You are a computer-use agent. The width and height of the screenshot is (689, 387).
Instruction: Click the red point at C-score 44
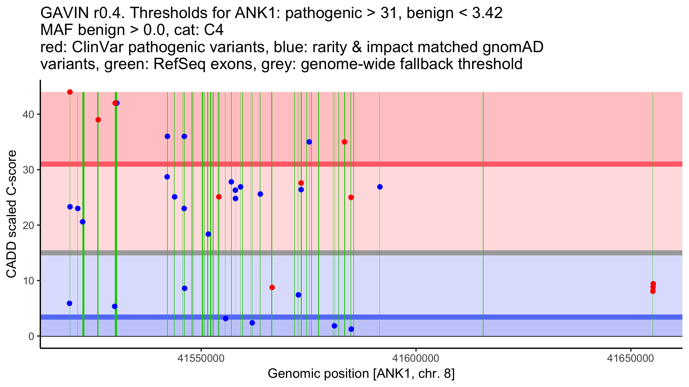click(70, 92)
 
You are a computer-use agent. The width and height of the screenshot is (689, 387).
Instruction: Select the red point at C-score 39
click(98, 120)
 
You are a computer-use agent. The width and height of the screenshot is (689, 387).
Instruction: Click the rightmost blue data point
click(380, 187)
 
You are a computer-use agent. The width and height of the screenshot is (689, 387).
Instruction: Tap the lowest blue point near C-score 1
click(351, 329)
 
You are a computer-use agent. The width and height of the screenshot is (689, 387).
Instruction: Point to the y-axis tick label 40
click(28, 114)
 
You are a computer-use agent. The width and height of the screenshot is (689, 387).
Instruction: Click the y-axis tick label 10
click(28, 281)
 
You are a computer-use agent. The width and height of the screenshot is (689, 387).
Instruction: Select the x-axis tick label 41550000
click(201, 358)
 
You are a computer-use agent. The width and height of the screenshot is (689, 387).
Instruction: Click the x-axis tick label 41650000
click(630, 358)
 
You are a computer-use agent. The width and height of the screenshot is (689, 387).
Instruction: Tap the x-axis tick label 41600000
click(416, 358)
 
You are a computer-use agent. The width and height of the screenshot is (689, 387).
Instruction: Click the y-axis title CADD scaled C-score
click(11, 215)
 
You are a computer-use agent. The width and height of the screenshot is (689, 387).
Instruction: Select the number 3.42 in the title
click(487, 13)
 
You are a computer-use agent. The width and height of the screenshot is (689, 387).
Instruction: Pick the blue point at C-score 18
click(208, 234)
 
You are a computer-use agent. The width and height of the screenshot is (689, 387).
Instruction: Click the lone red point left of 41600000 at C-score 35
click(344, 142)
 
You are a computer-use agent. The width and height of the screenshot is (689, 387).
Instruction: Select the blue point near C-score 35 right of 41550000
click(309, 142)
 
